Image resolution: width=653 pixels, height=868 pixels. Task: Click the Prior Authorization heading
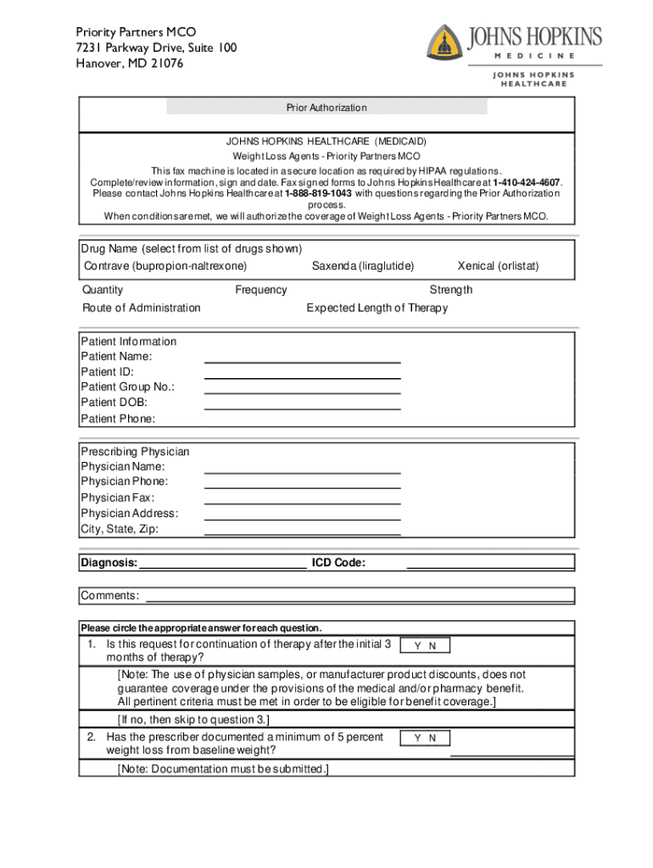[326, 108]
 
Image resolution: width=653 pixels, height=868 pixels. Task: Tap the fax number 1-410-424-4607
[527, 181]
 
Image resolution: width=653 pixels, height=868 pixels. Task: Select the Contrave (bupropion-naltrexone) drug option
[165, 266]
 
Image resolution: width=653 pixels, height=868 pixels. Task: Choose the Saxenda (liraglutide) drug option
[363, 266]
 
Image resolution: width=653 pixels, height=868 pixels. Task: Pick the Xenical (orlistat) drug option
[498, 266]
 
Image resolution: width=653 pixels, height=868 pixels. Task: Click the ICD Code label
[338, 563]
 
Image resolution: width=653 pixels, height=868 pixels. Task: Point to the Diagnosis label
[109, 563]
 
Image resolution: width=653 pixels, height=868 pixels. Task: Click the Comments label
[110, 596]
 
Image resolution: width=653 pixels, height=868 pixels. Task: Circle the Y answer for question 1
[417, 646]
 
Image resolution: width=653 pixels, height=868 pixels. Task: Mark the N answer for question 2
[433, 738]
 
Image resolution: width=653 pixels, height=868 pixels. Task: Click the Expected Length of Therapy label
[377, 308]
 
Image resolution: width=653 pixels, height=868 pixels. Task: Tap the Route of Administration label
[142, 308]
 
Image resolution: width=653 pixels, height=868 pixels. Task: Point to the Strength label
[450, 290]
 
